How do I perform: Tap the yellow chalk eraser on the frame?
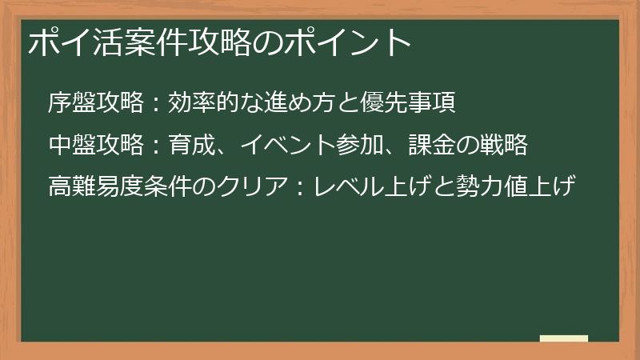(x=563, y=339)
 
